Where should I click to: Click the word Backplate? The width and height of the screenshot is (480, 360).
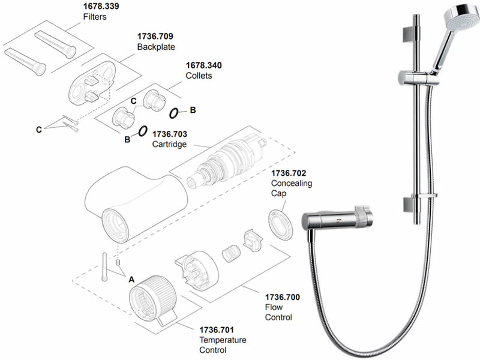(154, 47)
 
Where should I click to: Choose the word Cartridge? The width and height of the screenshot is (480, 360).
(169, 145)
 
